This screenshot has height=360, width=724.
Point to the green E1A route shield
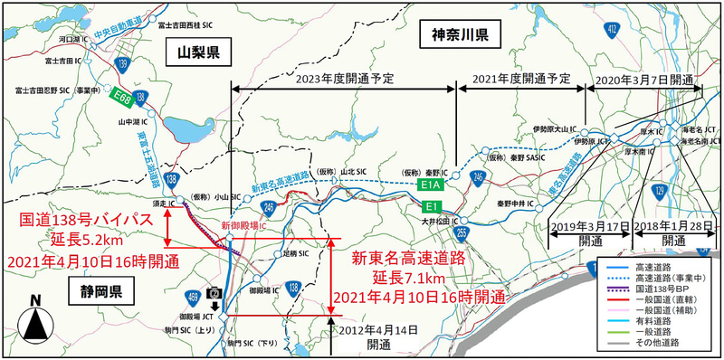pyautogui.click(x=432, y=185)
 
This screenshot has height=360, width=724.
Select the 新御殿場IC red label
pyautogui.click(x=246, y=226)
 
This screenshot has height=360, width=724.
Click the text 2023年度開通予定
pyautogui.click(x=345, y=79)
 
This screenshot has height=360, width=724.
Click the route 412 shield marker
pyautogui.click(x=613, y=29)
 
